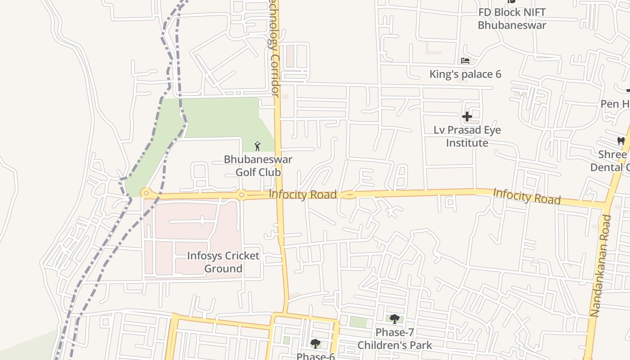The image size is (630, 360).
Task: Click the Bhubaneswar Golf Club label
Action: pyautogui.click(x=258, y=166)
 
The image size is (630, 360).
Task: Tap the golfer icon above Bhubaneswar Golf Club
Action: pyautogui.click(x=257, y=146)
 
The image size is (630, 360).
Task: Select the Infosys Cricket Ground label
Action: pyautogui.click(x=223, y=262)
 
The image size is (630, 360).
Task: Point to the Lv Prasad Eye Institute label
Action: pyautogui.click(x=467, y=136)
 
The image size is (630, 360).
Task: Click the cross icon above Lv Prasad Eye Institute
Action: pyautogui.click(x=467, y=117)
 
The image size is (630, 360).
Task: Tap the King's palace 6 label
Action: pyautogui.click(x=465, y=74)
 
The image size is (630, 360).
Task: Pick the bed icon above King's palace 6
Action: pyautogui.click(x=465, y=61)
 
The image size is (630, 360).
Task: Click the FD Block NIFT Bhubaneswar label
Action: pyautogui.click(x=512, y=19)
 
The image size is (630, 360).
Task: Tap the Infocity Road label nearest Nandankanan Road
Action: pyautogui.click(x=527, y=196)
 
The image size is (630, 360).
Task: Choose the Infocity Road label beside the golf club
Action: pyautogui.click(x=303, y=194)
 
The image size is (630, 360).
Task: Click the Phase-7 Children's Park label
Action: pyautogui.click(x=395, y=339)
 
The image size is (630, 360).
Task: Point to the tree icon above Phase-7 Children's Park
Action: pyautogui.click(x=395, y=319)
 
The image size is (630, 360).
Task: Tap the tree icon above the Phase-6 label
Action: pyautogui.click(x=315, y=344)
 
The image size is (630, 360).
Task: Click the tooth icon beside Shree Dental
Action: pyautogui.click(x=621, y=141)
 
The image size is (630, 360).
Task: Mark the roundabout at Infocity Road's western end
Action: pyautogui.click(x=146, y=193)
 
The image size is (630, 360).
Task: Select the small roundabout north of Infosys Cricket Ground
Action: pyautogui.click(x=242, y=195)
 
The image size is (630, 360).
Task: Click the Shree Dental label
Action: pyautogui.click(x=612, y=161)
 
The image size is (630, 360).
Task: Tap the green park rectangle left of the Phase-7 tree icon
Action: pyautogui.click(x=358, y=322)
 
